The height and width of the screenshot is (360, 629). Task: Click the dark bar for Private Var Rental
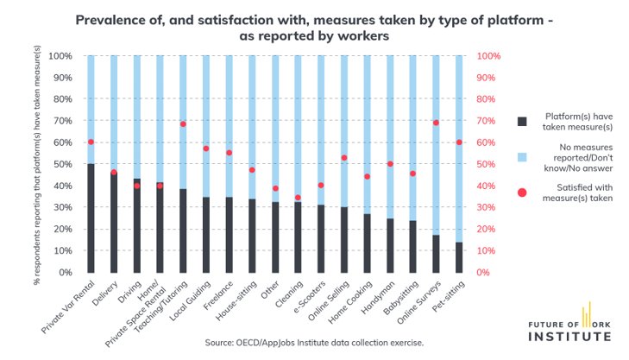pos(91,218)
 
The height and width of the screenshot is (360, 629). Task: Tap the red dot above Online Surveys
pos(436,123)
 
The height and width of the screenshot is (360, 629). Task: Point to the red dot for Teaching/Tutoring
pos(183,124)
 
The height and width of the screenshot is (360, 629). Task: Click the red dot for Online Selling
pos(343,158)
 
